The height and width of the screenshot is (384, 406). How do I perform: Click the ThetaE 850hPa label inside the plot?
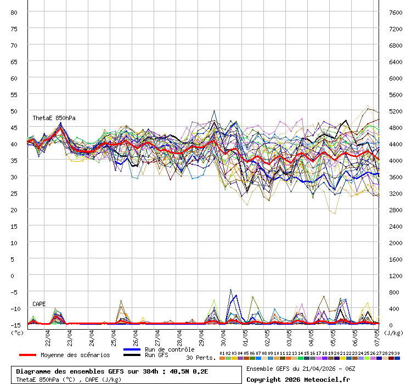click(54, 118)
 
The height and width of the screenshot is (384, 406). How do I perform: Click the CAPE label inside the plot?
click(39, 304)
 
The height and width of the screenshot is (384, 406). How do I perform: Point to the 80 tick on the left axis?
click(14, 12)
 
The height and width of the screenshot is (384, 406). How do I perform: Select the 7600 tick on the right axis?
click(396, 12)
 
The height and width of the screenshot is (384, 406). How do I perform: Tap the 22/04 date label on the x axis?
click(48, 335)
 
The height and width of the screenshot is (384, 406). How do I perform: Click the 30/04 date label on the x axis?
click(224, 335)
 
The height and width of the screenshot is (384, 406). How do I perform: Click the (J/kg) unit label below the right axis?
click(393, 332)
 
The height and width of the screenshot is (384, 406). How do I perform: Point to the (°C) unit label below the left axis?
click(17, 332)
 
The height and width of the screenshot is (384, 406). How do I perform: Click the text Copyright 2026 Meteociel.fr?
click(298, 379)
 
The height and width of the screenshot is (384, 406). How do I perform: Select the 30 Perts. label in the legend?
click(201, 358)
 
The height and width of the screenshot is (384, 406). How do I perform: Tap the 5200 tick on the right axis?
click(396, 111)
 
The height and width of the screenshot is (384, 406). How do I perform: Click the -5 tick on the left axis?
click(14, 292)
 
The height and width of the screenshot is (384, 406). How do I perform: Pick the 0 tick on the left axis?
click(14, 275)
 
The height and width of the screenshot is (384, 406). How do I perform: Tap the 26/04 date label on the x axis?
click(136, 335)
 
